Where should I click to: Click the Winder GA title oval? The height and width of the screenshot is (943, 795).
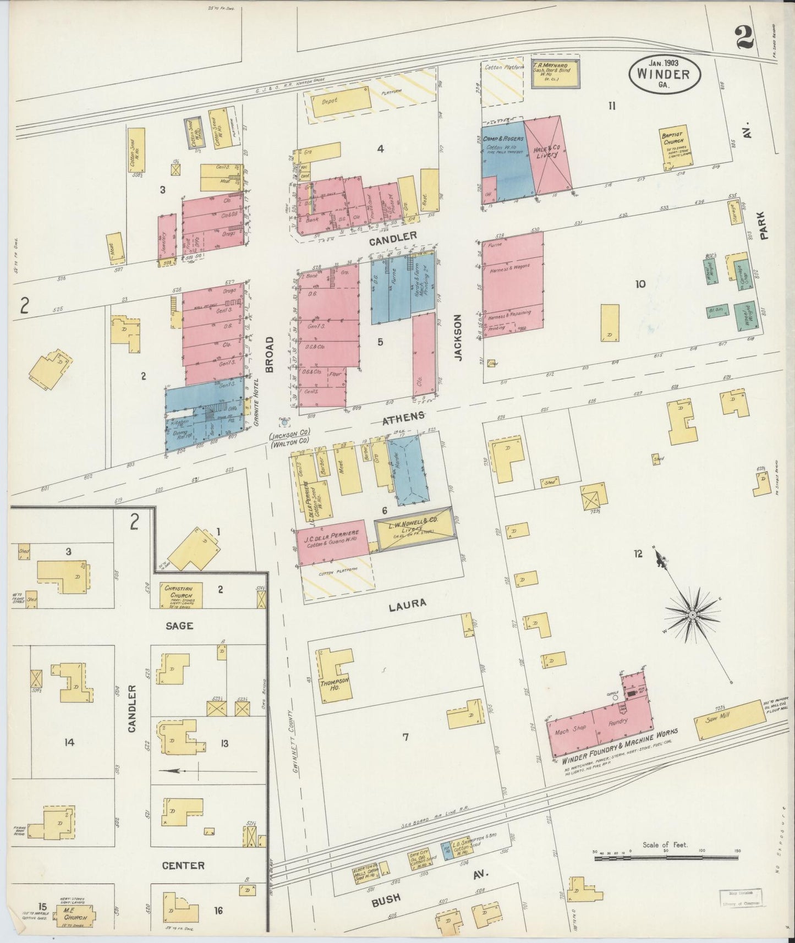[x=665, y=74]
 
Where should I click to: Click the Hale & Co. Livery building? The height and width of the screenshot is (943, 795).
[x=547, y=156]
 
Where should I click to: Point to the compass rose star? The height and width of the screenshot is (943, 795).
[x=693, y=614]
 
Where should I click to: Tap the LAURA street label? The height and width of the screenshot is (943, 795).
[x=407, y=604]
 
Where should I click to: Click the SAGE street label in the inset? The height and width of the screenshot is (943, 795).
[x=180, y=626]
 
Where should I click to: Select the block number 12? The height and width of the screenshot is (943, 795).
[x=637, y=553]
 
